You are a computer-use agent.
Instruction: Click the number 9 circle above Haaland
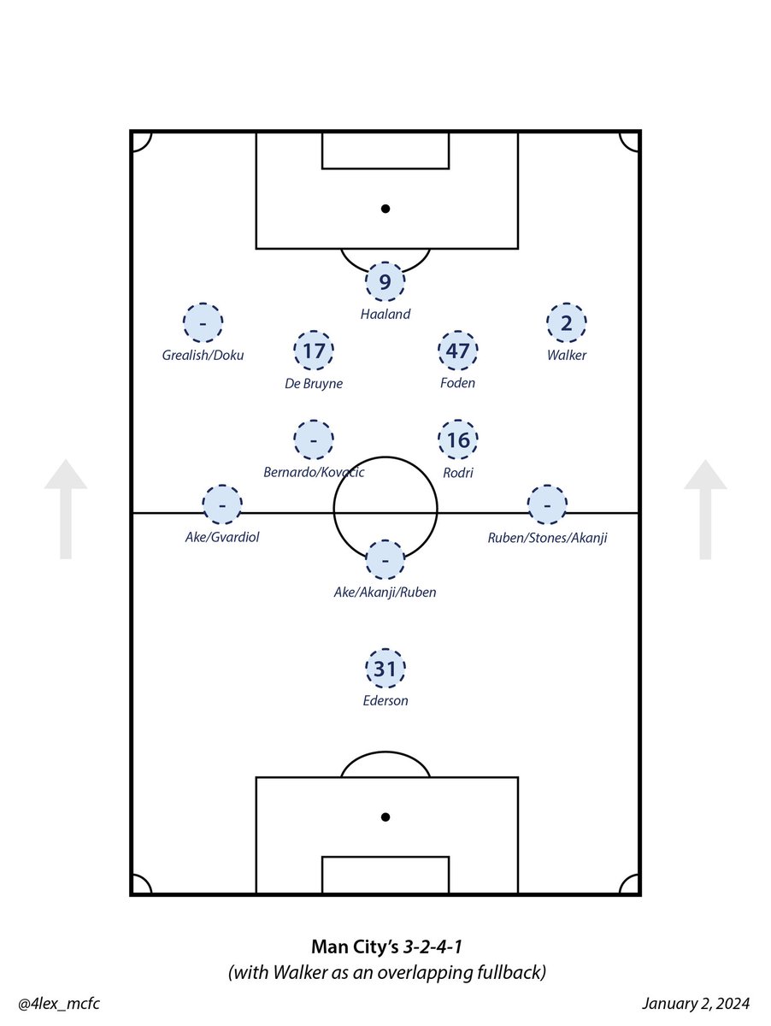tap(385, 282)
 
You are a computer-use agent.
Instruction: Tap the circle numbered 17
tap(313, 351)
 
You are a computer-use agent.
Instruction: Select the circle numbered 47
tap(457, 351)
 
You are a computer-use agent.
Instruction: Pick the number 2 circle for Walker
tap(566, 323)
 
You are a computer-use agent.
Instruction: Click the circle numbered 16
tap(458, 440)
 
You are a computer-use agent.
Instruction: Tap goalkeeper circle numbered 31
tap(385, 669)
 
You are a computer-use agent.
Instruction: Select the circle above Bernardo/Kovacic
tap(313, 440)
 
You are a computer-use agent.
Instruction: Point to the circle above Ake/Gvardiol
tap(222, 505)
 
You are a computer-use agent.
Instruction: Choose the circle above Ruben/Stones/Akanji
tap(547, 505)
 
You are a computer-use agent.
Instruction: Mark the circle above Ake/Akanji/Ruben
tap(385, 560)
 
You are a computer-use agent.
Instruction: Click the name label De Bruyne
tap(314, 384)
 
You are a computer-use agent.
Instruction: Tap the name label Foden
tap(458, 383)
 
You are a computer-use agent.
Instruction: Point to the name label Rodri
tap(458, 473)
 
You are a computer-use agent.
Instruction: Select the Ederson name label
tap(385, 701)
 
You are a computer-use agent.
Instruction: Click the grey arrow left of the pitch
tap(66, 509)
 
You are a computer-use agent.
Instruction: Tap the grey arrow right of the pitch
tap(705, 509)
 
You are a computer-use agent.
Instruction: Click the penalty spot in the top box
tap(385, 208)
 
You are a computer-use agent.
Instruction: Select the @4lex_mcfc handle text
tap(53, 1003)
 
